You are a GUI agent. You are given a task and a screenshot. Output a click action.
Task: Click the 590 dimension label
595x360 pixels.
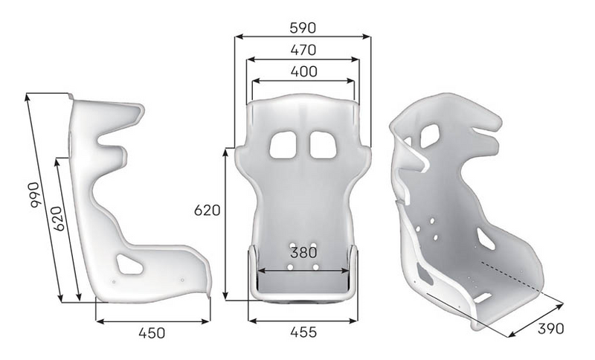point(303,28)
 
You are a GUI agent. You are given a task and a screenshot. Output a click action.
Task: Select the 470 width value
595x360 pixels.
point(303,50)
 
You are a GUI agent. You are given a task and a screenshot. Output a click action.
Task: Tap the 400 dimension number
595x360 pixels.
point(303,71)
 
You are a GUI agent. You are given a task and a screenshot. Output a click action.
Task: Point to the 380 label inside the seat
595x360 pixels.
point(303,252)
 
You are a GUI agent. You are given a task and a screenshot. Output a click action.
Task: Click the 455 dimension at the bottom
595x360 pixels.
point(303,332)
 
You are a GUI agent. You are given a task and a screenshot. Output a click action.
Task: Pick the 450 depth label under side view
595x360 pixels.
point(152,333)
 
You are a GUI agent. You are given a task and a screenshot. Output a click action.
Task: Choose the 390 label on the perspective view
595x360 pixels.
point(550,329)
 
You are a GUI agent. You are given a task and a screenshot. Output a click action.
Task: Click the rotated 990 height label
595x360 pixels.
point(35,195)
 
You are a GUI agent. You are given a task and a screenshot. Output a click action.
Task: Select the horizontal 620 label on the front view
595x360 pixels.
point(207,210)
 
